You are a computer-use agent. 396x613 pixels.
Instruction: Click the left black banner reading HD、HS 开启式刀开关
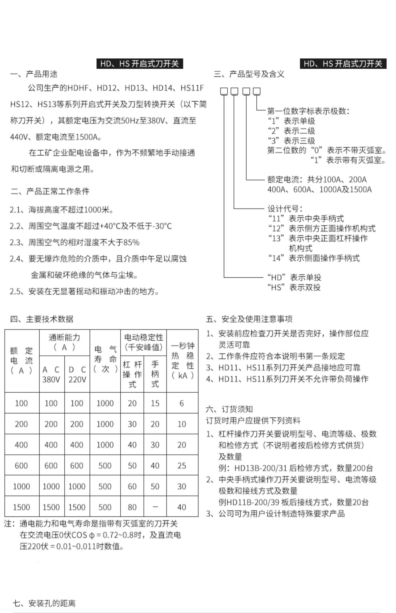(x=139, y=64)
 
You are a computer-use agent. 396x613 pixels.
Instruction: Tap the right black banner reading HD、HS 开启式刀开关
(x=343, y=64)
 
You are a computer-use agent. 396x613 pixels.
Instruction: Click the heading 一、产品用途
(x=34, y=74)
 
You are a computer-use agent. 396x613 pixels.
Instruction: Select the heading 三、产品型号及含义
(x=249, y=74)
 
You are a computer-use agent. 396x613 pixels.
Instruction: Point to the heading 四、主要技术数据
(x=42, y=319)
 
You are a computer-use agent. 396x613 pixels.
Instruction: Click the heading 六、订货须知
(x=229, y=409)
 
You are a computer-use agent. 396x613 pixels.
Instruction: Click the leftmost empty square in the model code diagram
(x=224, y=91)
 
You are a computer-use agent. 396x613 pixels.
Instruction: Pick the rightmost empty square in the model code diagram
(x=257, y=91)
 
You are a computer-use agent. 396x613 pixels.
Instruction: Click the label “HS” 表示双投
(x=294, y=287)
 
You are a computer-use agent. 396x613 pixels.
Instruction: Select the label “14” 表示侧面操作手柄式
(x=314, y=258)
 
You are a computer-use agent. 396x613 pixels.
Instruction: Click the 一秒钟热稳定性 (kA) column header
(x=182, y=361)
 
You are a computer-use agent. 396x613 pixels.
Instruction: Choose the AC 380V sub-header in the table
(x=51, y=374)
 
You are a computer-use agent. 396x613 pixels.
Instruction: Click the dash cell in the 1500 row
(x=155, y=507)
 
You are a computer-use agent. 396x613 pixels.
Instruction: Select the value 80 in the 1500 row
(x=132, y=507)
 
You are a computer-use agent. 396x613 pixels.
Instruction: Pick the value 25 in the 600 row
(x=182, y=465)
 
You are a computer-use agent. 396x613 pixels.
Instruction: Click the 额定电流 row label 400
(x=21, y=445)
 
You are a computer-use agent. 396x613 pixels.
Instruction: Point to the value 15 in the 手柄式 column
(x=155, y=403)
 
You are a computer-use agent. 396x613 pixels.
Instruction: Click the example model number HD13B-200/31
(x=261, y=468)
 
